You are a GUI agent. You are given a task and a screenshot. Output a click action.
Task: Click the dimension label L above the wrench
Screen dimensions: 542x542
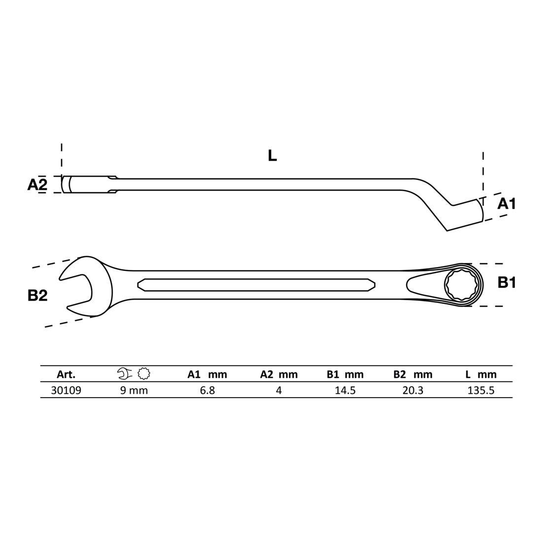pyautogui.click(x=272, y=156)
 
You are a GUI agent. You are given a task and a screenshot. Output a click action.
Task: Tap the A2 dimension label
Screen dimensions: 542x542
pyautogui.click(x=37, y=185)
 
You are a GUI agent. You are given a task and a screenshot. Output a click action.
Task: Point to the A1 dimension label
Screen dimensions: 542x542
pyautogui.click(x=507, y=204)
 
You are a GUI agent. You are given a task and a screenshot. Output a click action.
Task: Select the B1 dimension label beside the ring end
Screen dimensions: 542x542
pyautogui.click(x=507, y=283)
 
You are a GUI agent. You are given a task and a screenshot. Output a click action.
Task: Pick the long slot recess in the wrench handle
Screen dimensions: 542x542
pyautogui.click(x=256, y=285)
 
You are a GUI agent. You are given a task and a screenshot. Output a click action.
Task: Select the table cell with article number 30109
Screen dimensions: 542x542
pyautogui.click(x=66, y=390)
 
